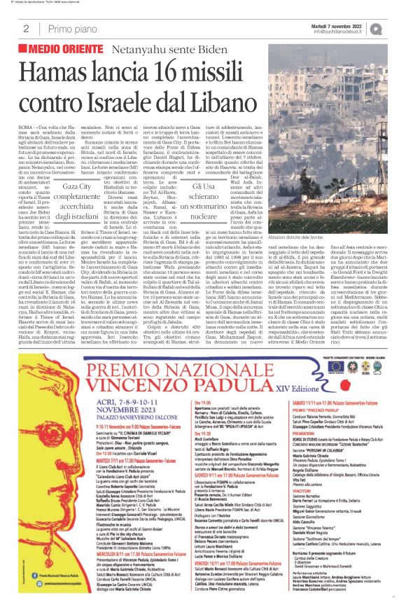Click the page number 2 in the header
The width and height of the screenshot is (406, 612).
(26, 29)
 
